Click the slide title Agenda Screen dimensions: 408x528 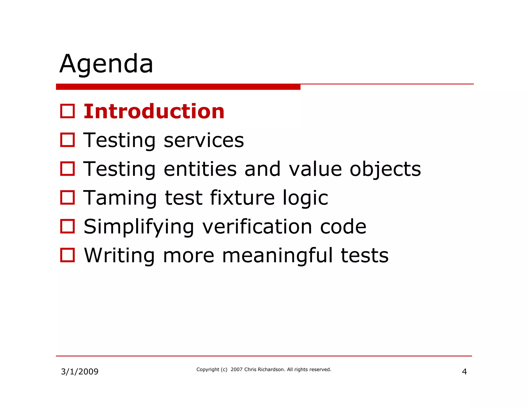pyautogui.click(x=106, y=64)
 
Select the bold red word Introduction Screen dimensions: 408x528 pyautogui.click(x=154, y=111)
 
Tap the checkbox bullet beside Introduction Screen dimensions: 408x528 pyautogui.click(x=68, y=111)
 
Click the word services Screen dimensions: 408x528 pyautogui.click(x=204, y=140)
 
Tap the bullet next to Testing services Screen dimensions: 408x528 pyautogui.click(x=68, y=140)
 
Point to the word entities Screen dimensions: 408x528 pyautogui.click(x=200, y=169)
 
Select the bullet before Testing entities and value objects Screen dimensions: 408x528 pyautogui.click(x=68, y=169)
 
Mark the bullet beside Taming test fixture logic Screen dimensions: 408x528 pyautogui.click(x=68, y=198)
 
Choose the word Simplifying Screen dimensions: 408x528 pyautogui.click(x=139, y=227)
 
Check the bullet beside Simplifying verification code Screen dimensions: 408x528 pyautogui.click(x=68, y=226)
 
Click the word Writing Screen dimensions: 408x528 pyautogui.click(x=119, y=256)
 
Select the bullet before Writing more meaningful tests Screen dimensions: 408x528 pyautogui.click(x=68, y=255)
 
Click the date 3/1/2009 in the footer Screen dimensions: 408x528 pyautogui.click(x=80, y=372)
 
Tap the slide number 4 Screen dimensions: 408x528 pyautogui.click(x=464, y=372)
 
